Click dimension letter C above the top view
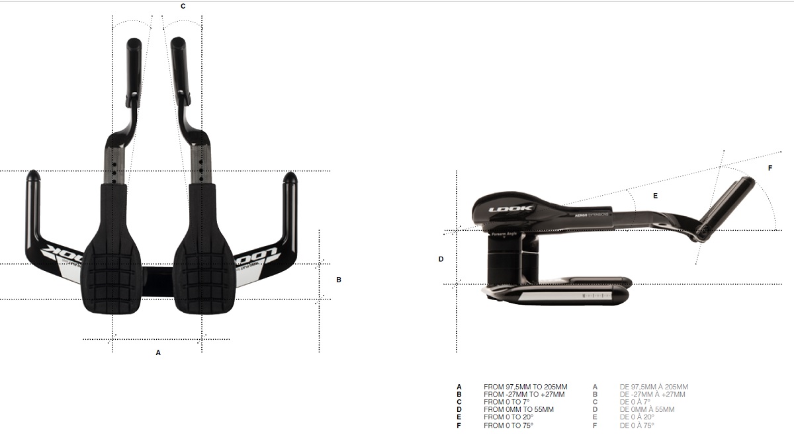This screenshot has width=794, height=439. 183,6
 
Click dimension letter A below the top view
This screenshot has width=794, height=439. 158,353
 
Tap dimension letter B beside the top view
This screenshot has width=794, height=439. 339,280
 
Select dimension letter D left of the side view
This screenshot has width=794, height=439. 441,259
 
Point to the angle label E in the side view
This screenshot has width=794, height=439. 656,196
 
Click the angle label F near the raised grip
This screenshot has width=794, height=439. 770,168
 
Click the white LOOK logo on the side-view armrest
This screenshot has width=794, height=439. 511,210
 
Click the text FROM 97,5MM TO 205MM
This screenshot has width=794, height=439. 525,387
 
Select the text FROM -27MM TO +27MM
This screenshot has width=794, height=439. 524,395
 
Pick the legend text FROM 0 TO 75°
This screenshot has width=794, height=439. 508,425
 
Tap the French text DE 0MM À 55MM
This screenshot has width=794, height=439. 647,410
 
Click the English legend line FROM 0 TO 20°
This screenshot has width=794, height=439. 508,417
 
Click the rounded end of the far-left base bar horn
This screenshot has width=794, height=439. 32,177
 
